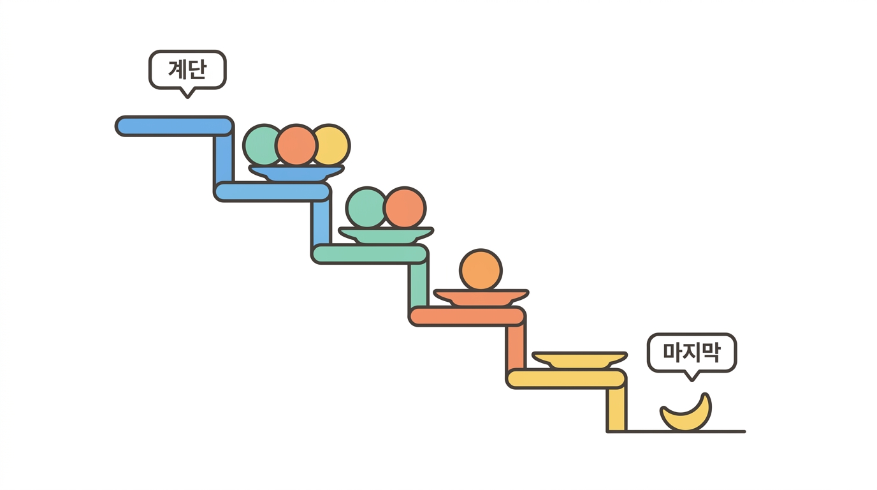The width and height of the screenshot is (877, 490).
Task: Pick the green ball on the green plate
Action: (366, 207)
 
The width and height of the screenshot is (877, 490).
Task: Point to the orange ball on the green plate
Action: (405, 207)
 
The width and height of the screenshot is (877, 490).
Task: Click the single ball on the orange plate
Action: (481, 270)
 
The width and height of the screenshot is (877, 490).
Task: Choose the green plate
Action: (386, 235)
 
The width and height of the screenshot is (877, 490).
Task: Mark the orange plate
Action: (481, 297)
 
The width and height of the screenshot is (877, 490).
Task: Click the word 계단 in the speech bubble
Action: (187, 70)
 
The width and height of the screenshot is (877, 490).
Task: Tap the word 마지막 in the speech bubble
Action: (692, 352)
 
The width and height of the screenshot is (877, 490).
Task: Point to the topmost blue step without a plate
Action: (175, 126)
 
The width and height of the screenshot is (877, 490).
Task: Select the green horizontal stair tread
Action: (370, 254)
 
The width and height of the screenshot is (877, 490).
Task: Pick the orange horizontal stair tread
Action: (467, 316)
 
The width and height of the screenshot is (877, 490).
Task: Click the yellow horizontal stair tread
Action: (567, 379)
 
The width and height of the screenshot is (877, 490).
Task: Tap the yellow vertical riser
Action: (617, 409)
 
